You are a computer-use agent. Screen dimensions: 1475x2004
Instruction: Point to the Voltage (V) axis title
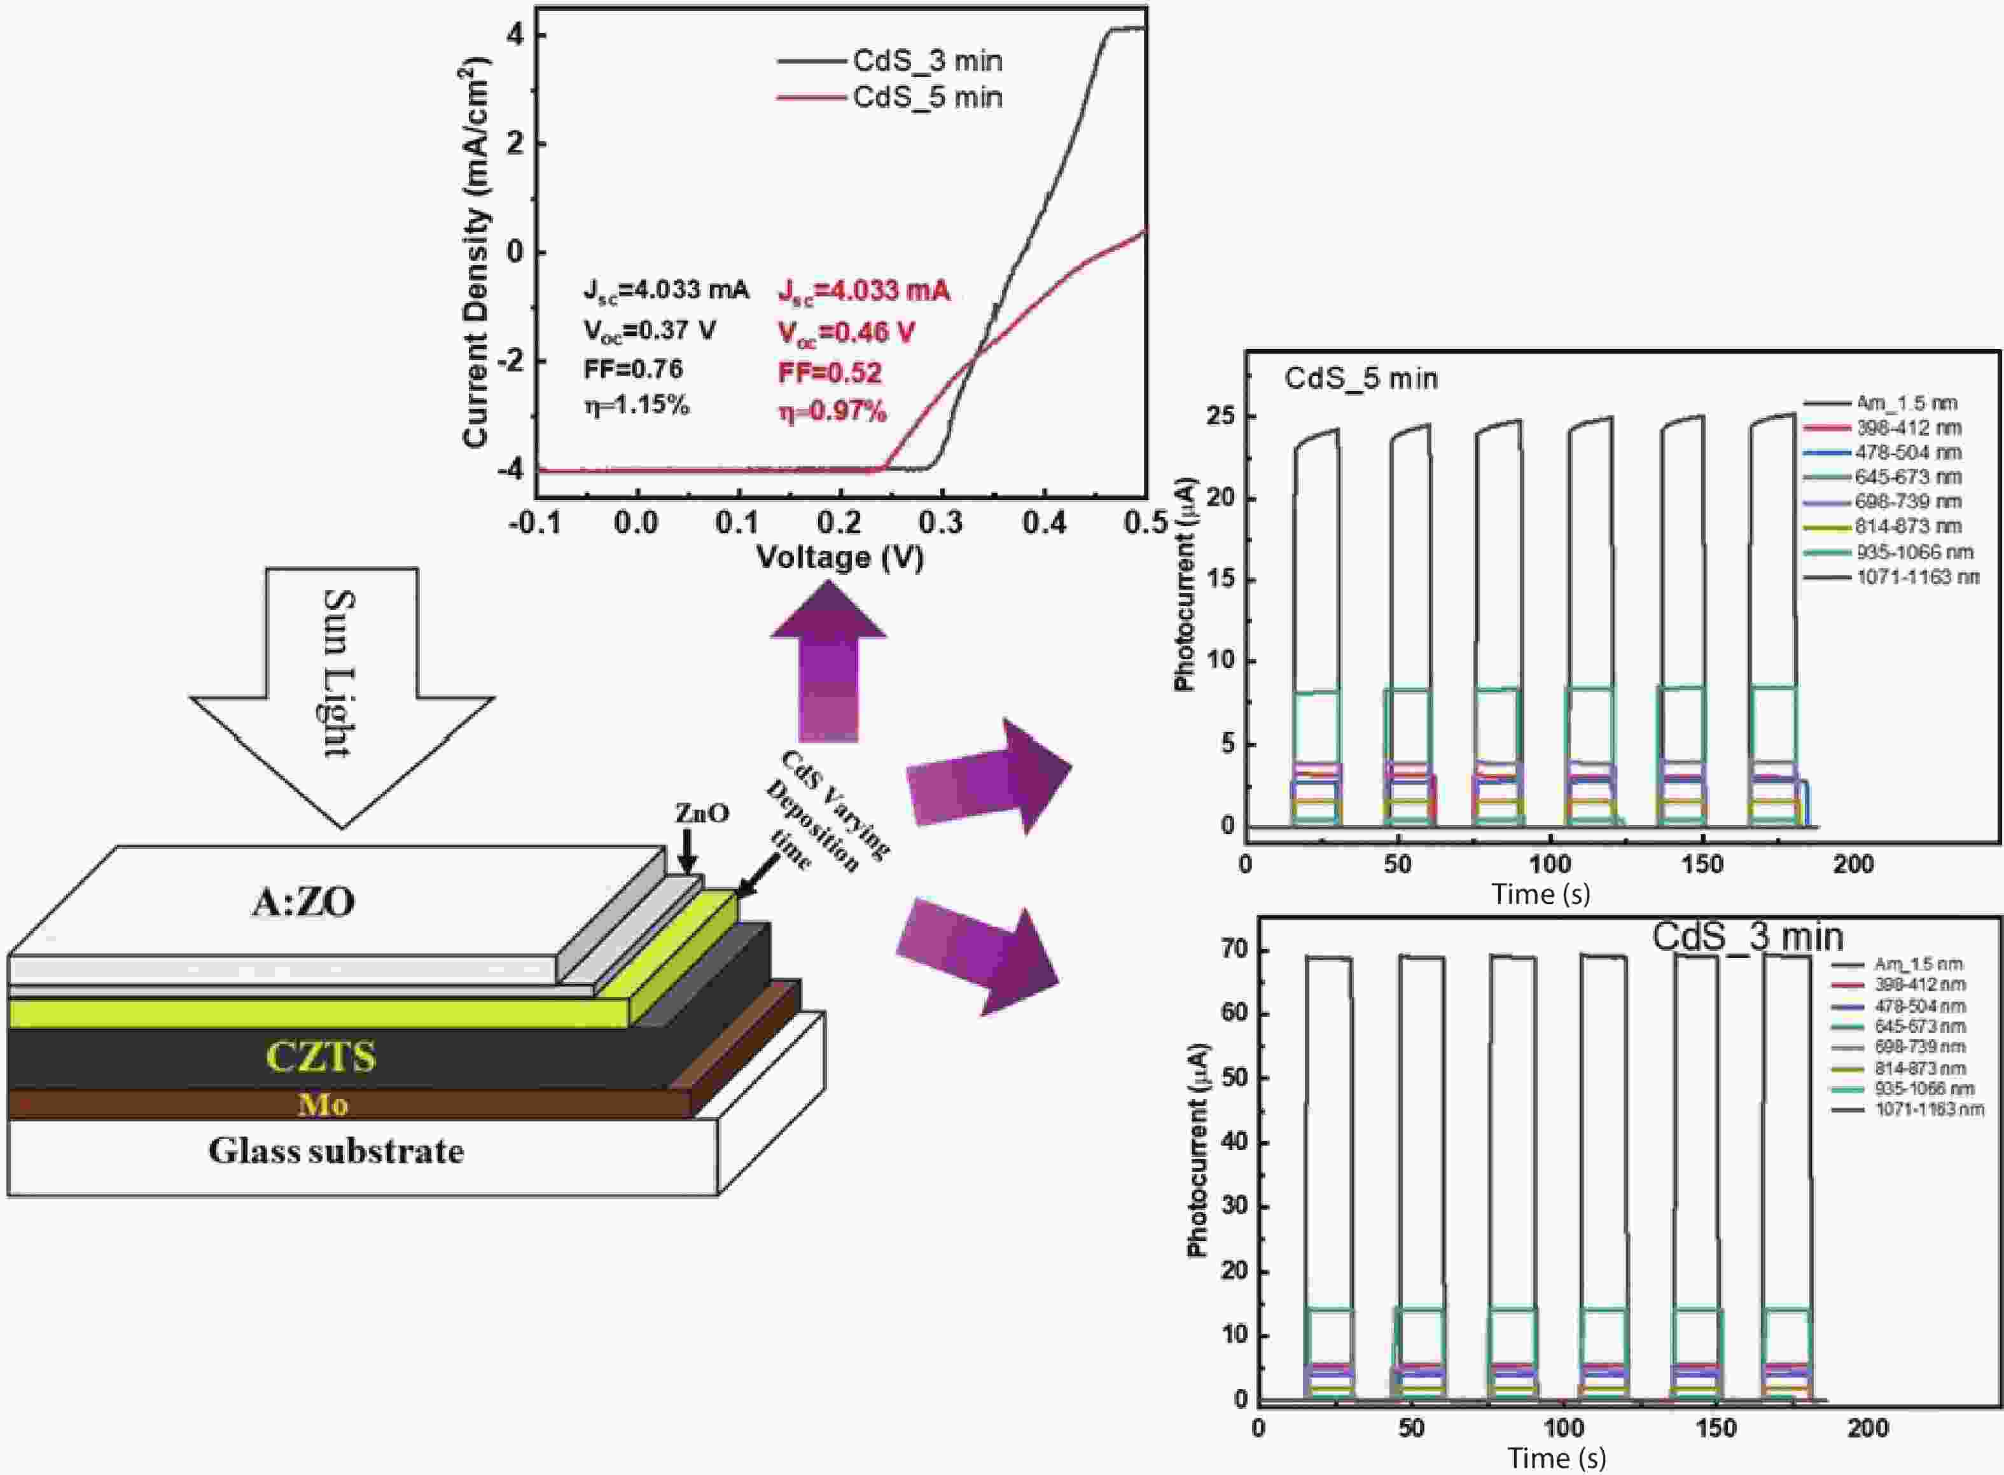point(840,557)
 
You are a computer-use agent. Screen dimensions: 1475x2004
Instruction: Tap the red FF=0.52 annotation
point(830,372)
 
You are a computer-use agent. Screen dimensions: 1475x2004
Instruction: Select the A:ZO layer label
point(303,903)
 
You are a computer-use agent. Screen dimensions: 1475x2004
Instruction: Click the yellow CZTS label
point(321,1057)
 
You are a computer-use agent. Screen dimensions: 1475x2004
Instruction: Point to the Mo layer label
point(323,1105)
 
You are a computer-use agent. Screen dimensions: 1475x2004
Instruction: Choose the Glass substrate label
point(336,1151)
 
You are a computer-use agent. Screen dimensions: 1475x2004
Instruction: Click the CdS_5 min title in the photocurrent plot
point(1361,378)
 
